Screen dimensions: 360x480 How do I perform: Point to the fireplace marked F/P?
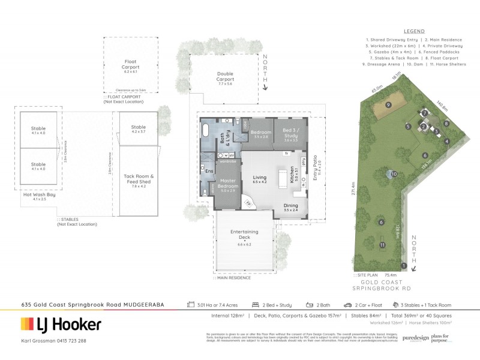pyautogui.click(x=248, y=203)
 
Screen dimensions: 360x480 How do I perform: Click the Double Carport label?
pyautogui.click(x=226, y=77)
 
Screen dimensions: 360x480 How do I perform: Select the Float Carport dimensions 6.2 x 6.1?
pyautogui.click(x=130, y=71)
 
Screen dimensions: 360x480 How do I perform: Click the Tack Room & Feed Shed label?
pyautogui.click(x=139, y=179)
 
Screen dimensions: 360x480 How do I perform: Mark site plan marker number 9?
pyautogui.click(x=389, y=105)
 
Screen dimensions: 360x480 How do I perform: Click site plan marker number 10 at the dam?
pyautogui.click(x=394, y=175)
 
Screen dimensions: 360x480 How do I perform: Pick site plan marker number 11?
pyautogui.click(x=382, y=245)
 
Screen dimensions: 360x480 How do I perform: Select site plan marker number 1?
pyautogui.click(x=404, y=266)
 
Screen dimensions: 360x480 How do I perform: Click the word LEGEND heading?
pyautogui.click(x=413, y=31)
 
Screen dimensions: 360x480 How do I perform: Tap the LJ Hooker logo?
pyautogui.click(x=59, y=325)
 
